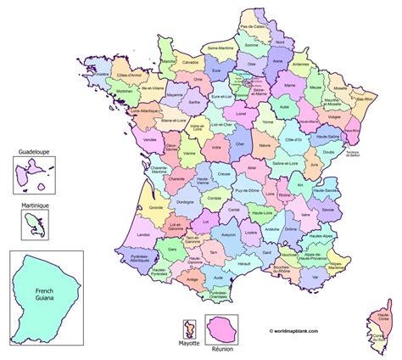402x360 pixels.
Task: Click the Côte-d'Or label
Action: point(293,138)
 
